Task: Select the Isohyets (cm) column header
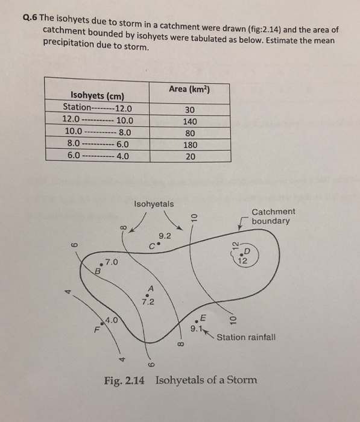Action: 97,96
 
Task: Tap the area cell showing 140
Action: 191,121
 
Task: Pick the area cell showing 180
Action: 191,145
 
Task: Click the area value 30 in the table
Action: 191,109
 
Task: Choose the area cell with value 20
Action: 191,156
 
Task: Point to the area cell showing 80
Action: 191,133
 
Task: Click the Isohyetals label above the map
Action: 153,204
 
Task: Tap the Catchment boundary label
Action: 273,216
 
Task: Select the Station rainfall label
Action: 246,337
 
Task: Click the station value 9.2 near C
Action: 165,237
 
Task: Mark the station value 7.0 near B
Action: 112,263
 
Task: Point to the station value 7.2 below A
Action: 148,301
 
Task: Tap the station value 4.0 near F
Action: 111,320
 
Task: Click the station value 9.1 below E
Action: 197,329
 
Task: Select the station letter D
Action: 246,252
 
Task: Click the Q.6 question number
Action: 30,17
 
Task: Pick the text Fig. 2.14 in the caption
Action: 124,380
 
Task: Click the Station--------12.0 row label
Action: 97,109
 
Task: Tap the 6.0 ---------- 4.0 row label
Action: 97,156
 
